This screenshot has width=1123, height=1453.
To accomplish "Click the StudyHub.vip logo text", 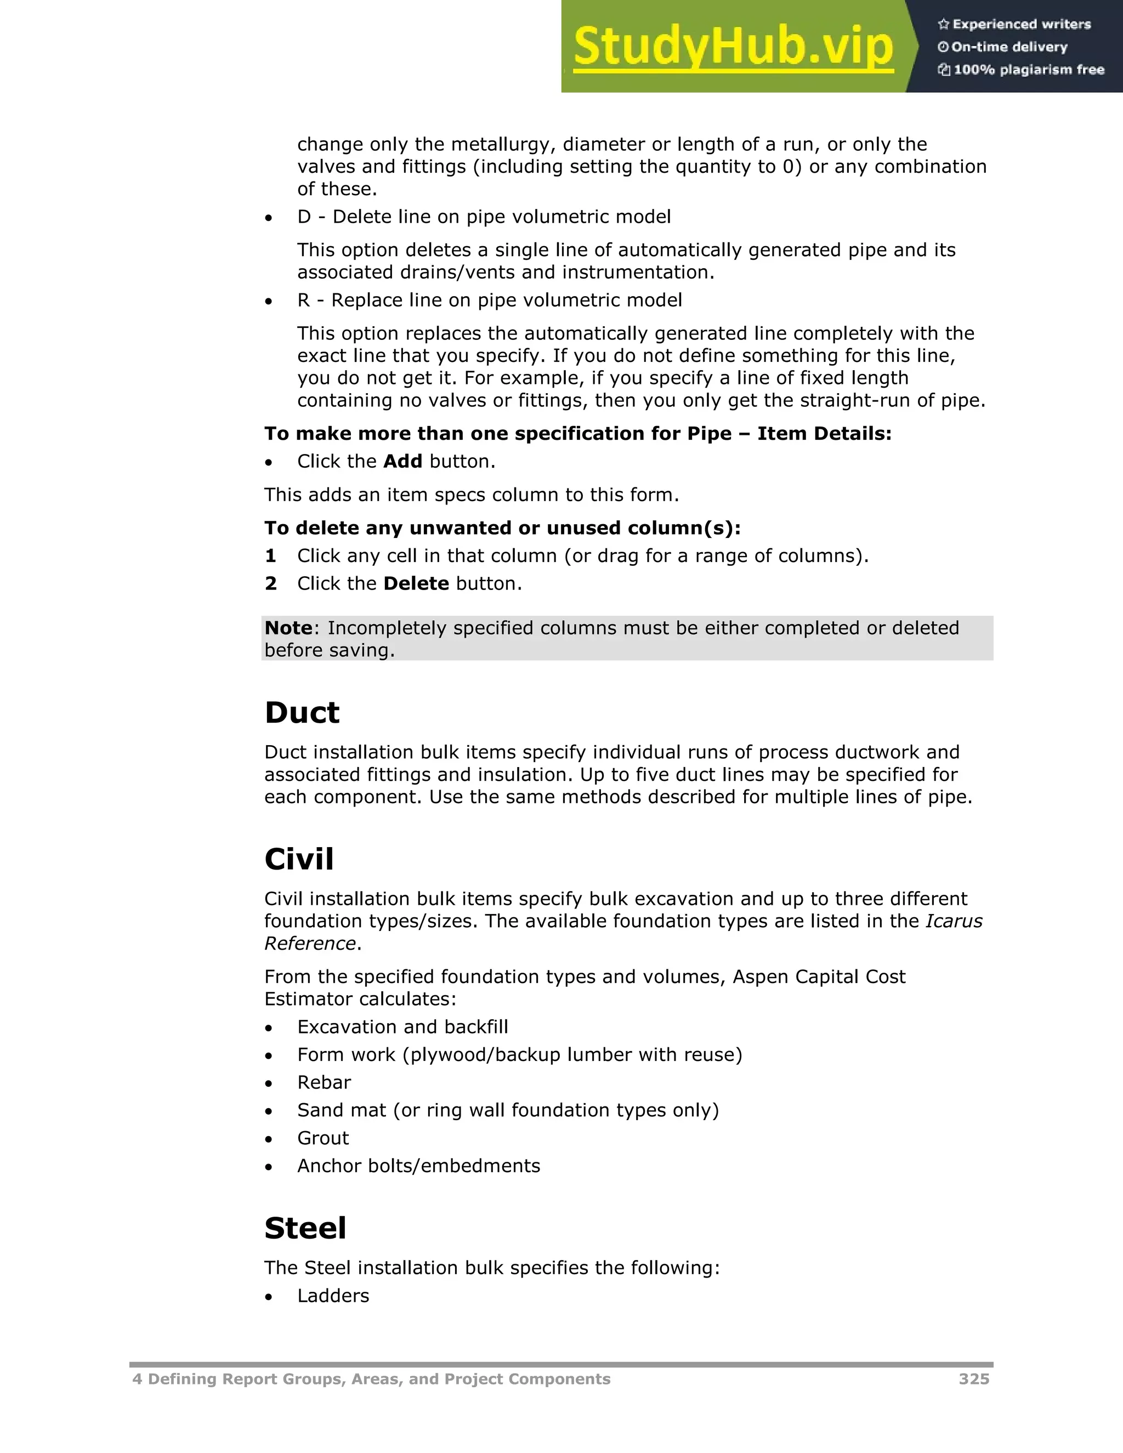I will [733, 47].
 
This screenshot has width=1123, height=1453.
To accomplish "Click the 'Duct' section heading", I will [302, 713].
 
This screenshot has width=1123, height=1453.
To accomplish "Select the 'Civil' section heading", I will [299, 859].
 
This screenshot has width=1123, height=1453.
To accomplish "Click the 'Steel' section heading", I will [305, 1228].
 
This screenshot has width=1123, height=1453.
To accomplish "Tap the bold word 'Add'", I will [402, 461].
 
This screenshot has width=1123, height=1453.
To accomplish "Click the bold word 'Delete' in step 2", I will [417, 583].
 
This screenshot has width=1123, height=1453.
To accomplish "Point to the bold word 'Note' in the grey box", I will [288, 627].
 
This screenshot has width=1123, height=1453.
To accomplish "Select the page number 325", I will [973, 1379].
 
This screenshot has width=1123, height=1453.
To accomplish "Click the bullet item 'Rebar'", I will [324, 1082].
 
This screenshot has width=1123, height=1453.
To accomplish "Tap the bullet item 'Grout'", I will [322, 1138].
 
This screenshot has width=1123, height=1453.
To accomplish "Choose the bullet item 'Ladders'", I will [333, 1296].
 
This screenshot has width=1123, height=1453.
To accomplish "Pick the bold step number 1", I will [270, 555].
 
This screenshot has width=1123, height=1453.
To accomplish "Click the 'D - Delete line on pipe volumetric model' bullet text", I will [484, 217].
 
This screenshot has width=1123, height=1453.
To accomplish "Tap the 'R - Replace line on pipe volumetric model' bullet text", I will [489, 300].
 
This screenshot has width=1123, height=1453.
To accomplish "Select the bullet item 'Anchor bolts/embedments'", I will [418, 1166].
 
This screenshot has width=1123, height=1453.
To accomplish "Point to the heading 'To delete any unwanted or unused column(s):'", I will [502, 527].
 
